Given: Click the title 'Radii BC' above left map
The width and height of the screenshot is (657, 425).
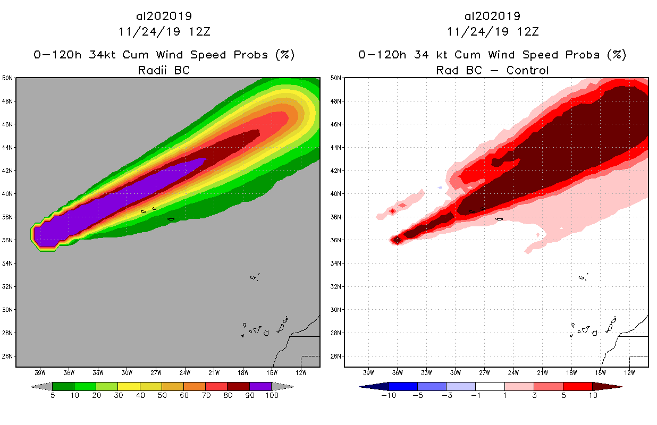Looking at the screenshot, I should click(164, 70).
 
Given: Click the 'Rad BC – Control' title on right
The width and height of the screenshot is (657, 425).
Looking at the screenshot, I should click(492, 70).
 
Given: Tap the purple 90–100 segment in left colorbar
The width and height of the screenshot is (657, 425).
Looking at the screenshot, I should click(260, 386).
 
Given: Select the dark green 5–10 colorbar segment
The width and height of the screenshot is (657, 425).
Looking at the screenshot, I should click(63, 386).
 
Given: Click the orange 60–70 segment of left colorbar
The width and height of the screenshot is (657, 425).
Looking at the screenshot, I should click(195, 386).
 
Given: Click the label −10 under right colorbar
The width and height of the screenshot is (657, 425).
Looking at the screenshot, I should click(389, 395).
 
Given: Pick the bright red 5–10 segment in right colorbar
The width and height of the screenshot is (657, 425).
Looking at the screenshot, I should click(578, 386).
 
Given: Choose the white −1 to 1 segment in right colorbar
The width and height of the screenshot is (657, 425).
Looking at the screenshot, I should click(490, 386).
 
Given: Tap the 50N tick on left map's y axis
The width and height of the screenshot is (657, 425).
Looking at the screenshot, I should click(8, 78).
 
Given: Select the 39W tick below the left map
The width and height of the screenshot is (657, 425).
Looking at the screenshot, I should click(39, 372).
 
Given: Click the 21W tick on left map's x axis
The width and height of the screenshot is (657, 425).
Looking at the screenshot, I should click(214, 372).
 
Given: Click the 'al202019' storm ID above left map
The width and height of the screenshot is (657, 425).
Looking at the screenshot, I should click(164, 16).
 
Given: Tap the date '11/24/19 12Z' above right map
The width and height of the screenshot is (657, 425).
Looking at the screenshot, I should click(492, 31).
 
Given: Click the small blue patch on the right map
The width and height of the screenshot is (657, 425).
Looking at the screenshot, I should click(440, 188).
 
